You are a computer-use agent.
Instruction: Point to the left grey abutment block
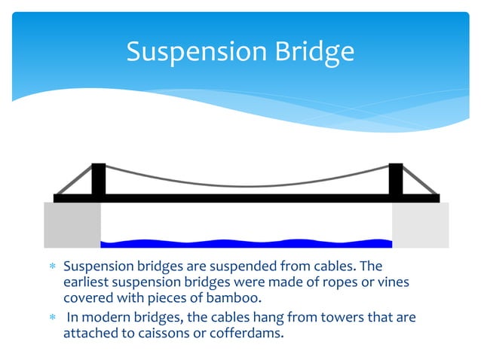pyautogui.click(x=72, y=224)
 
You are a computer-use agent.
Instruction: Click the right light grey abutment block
pyautogui.click(x=421, y=224)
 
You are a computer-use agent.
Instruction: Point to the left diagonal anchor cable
pyautogui.click(x=73, y=180)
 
